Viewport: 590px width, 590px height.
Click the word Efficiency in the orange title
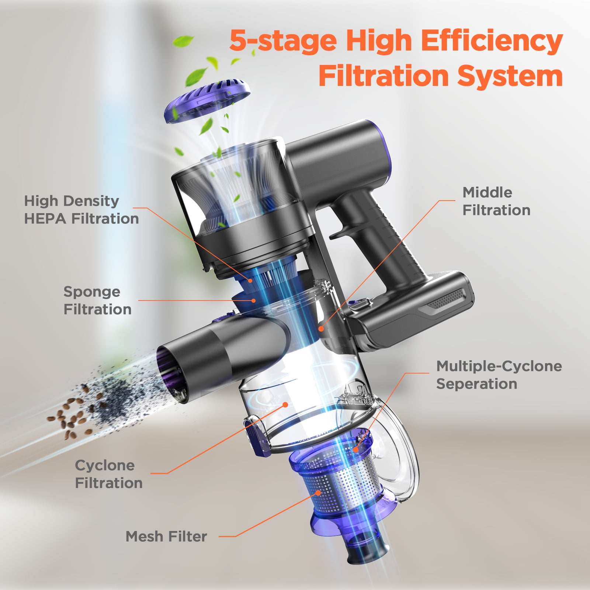[x=492, y=41]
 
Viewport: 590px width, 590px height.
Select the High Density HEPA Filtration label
[x=81, y=210]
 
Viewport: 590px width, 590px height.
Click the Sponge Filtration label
[x=97, y=301]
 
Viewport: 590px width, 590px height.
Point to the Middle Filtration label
[x=496, y=201]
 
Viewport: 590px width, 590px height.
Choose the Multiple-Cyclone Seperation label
[x=499, y=375]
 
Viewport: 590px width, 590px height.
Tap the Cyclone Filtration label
[x=108, y=474]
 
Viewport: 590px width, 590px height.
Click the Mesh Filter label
[x=166, y=537]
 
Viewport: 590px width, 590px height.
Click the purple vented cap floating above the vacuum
[x=206, y=101]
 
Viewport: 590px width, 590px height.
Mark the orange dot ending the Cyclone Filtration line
[x=285, y=405]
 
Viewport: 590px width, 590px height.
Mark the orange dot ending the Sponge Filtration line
[x=254, y=301]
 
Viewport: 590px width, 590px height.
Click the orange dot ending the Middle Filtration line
[x=321, y=328]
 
